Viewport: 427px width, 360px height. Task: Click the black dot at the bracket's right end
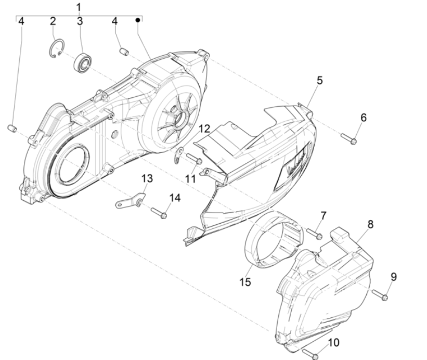(x=138, y=20)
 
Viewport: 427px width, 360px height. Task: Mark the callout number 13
(x=147, y=178)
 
